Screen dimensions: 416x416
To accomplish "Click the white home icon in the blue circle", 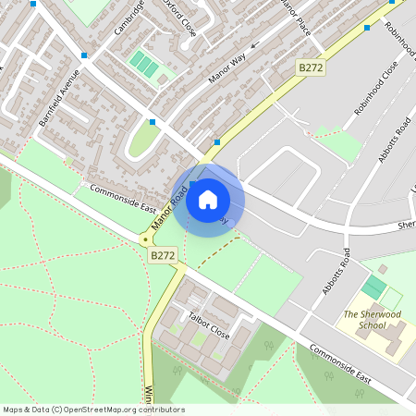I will tap(208, 199).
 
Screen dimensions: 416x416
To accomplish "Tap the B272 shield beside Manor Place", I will tap(311, 68).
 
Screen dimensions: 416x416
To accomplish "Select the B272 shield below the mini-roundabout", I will tap(163, 255).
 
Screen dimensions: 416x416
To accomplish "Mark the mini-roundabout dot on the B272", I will tap(145, 239).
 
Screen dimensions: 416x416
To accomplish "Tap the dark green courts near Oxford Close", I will tap(143, 63).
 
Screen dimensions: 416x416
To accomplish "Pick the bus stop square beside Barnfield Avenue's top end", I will tap(84, 55).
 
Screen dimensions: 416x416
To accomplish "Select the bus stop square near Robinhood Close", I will tap(367, 28).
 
